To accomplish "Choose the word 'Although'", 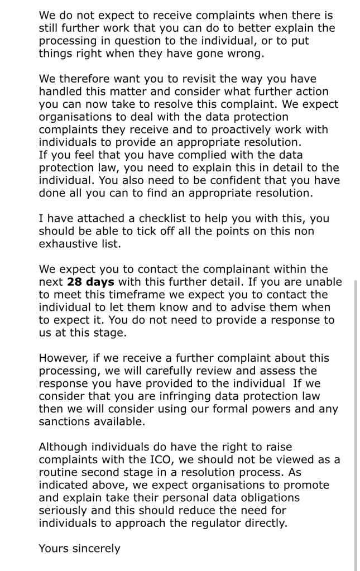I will click(63, 447).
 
